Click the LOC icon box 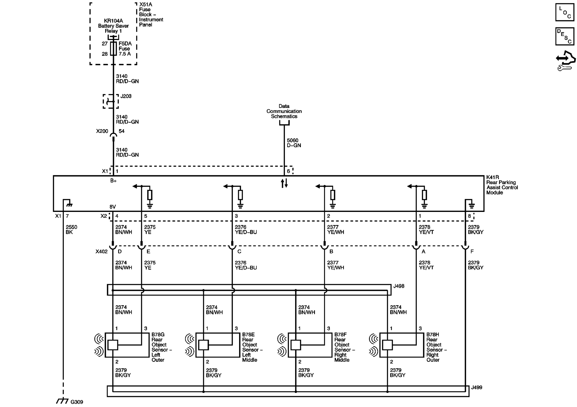(x=565, y=12)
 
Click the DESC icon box (x=565, y=36)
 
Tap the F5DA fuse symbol (x=114, y=49)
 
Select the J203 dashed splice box (x=111, y=101)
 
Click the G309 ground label (x=77, y=402)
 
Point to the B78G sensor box (x=127, y=345)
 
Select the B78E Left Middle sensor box (x=218, y=345)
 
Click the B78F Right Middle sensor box (x=310, y=345)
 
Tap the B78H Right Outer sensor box (x=401, y=345)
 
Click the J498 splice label (x=399, y=286)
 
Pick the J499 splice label (x=476, y=387)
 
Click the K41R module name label (x=502, y=185)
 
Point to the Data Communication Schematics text (x=284, y=111)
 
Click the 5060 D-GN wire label (x=294, y=143)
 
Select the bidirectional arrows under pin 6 (x=284, y=183)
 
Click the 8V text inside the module (x=113, y=207)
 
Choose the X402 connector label (x=102, y=252)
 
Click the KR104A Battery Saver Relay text (x=113, y=26)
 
